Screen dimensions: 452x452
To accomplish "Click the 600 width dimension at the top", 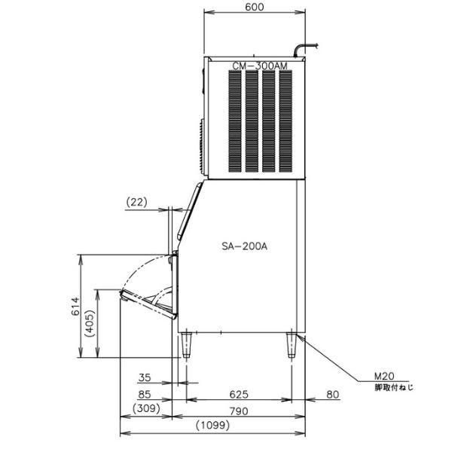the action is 255,7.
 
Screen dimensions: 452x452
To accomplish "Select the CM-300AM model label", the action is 260,66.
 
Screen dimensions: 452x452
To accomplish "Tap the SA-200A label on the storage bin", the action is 244,246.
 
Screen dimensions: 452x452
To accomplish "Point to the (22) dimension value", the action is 136,203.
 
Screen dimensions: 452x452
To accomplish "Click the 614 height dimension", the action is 75,306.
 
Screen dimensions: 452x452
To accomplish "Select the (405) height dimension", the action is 90,323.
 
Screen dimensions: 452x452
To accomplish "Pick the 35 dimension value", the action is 145,377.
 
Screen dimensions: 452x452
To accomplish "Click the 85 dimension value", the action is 145,394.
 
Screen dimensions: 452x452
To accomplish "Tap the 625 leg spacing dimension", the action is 239,394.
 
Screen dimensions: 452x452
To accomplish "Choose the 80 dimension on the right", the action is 333,394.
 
